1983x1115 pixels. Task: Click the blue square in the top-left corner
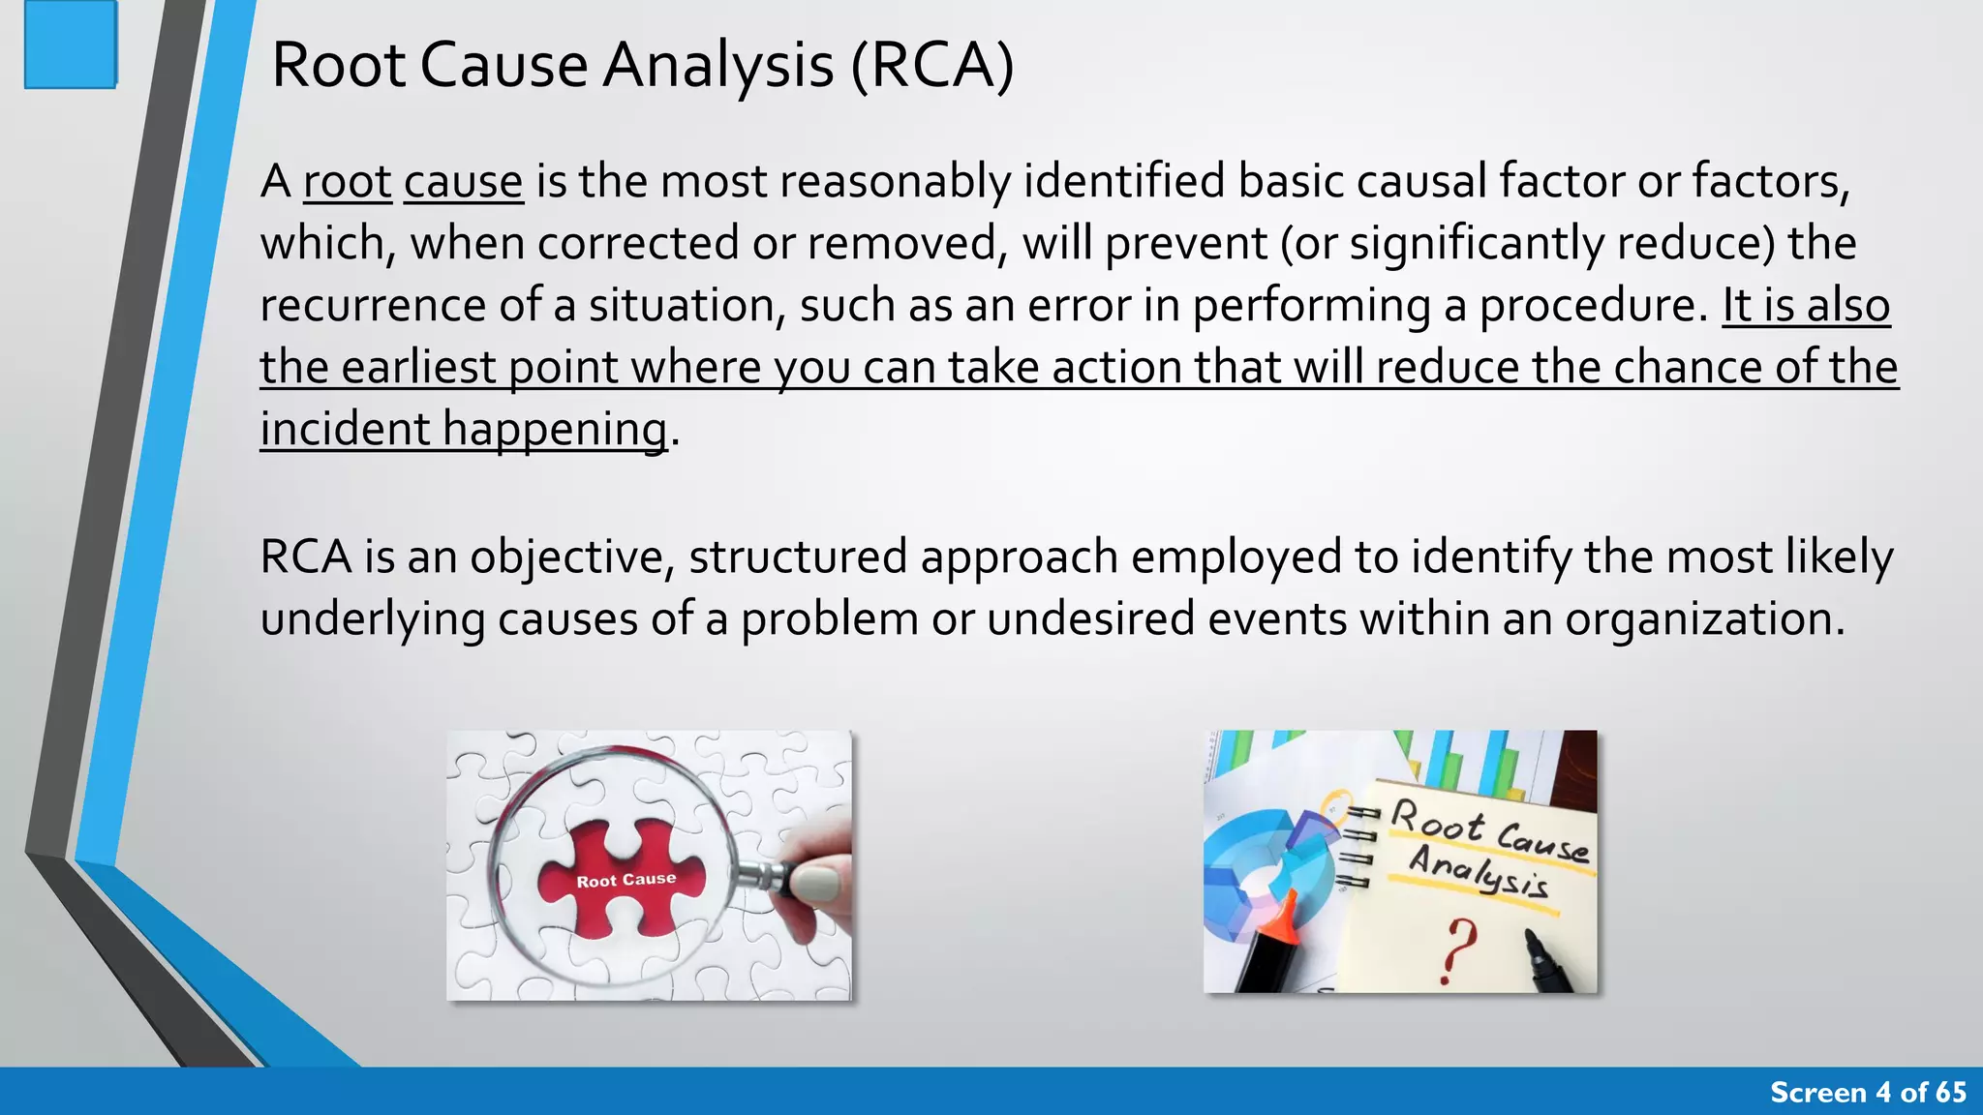[x=70, y=45]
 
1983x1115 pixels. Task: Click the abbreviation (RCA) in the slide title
[x=931, y=66]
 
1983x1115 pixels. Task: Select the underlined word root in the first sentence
[x=347, y=182]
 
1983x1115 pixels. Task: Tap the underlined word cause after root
[x=463, y=182]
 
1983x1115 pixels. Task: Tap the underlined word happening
[x=555, y=430]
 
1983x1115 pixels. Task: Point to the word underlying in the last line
[x=372, y=619]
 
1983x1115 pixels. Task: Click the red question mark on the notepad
[x=1458, y=949]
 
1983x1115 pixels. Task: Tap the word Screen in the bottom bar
[x=1817, y=1093]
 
